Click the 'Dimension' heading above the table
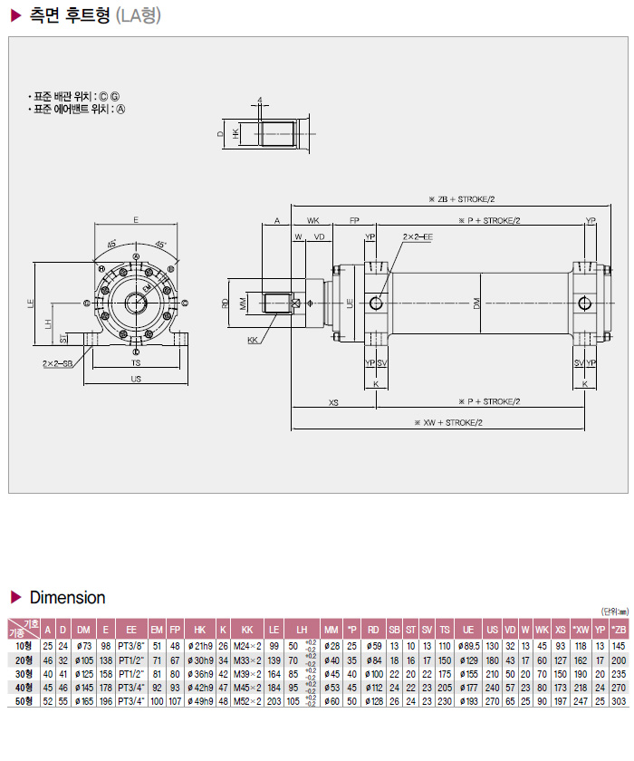click(67, 598)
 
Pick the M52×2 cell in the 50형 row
click(247, 701)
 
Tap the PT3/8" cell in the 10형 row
click(131, 645)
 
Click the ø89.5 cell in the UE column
click(468, 645)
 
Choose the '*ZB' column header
click(618, 629)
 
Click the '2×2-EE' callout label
click(418, 237)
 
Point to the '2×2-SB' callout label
click(56, 362)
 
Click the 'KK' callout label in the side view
click(253, 342)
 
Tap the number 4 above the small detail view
click(259, 100)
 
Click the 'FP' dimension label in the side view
click(354, 220)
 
